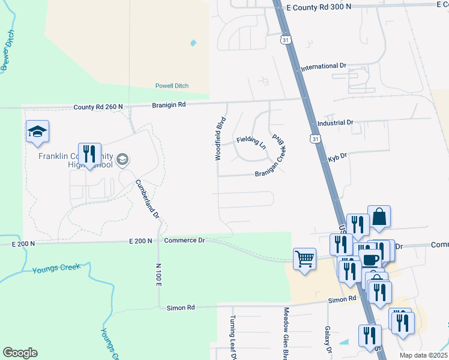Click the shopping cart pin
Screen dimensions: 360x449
coord(304,259)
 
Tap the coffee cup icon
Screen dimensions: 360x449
coord(371,260)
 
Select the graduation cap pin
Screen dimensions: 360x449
coord(37,131)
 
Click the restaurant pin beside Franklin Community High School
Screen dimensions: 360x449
coord(89,154)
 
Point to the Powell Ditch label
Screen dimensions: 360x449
coord(172,86)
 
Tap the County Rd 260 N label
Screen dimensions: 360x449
coord(98,107)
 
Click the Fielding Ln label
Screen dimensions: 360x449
coord(251,142)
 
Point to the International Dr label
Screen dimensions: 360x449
coord(324,66)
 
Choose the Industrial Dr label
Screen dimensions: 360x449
coord(335,122)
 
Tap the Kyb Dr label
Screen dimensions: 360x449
coord(334,159)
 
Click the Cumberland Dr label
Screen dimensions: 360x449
coord(148,199)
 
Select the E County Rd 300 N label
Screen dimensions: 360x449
coord(319,7)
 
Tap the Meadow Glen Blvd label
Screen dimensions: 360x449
coord(286,334)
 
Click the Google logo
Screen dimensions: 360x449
coord(20,353)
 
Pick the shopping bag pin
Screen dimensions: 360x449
coord(379,217)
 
